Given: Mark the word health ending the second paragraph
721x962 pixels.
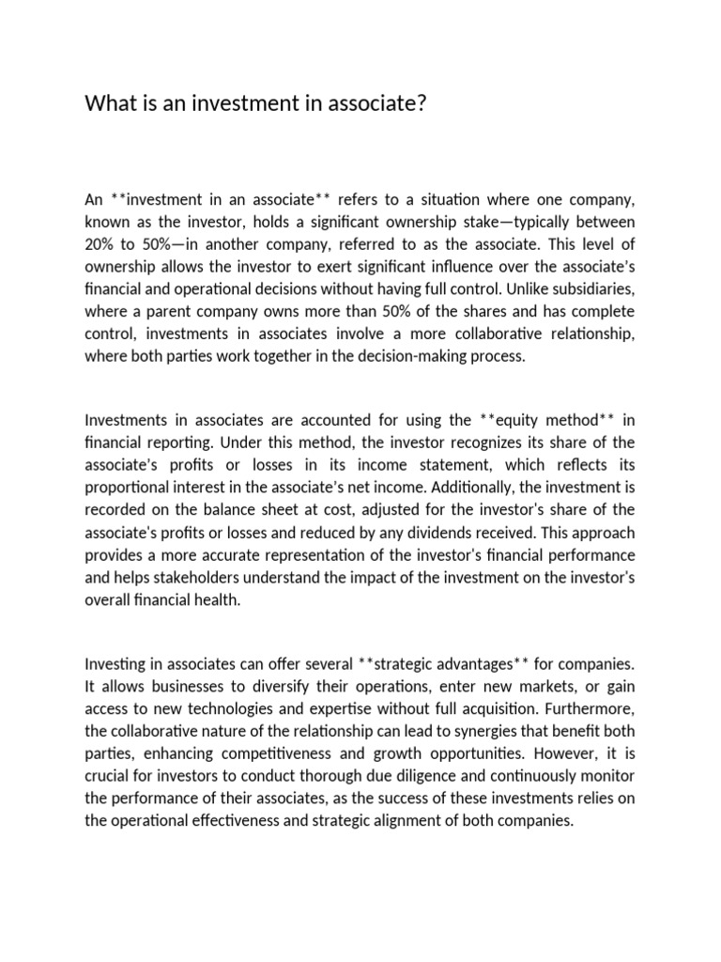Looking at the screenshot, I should pyautogui.click(x=216, y=599).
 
